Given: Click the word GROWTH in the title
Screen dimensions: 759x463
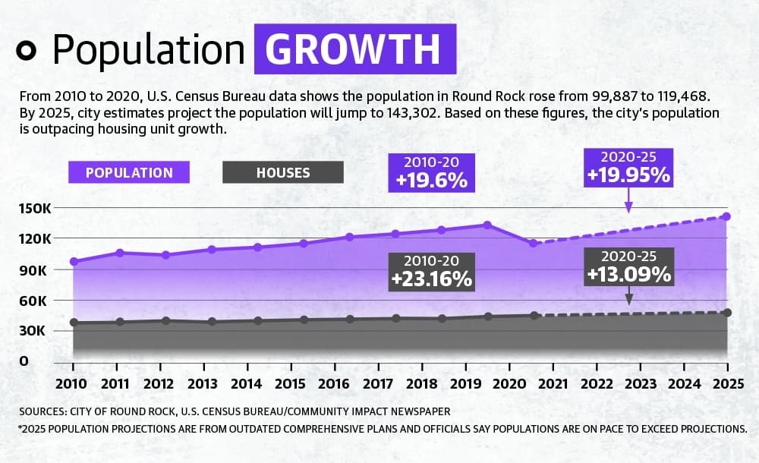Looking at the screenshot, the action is [x=352, y=49].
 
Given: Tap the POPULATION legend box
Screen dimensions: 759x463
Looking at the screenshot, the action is [x=129, y=172].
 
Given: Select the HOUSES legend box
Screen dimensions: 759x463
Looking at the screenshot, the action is [x=282, y=172].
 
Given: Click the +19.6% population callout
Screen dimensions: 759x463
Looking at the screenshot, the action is [x=431, y=173].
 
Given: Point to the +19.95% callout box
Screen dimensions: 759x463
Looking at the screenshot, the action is [x=628, y=168].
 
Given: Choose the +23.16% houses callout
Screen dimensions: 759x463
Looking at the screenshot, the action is [x=431, y=272].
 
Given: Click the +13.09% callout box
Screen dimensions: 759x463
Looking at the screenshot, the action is [x=628, y=267].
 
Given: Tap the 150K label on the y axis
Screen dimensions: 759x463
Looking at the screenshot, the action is [x=35, y=209].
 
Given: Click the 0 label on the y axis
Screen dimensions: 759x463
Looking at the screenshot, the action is [x=24, y=361].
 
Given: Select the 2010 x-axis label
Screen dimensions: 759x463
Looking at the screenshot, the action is [x=71, y=384].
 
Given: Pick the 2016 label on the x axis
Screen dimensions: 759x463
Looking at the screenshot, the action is [x=333, y=384].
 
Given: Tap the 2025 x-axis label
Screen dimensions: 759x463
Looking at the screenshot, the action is [x=728, y=384].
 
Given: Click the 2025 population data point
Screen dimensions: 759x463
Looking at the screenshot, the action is [x=726, y=216].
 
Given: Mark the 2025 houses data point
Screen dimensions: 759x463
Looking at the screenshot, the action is [x=727, y=313].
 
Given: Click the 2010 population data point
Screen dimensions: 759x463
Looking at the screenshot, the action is [x=74, y=262].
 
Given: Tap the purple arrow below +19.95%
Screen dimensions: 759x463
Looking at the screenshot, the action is [x=628, y=200].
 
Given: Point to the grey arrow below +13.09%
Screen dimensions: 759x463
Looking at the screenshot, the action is [x=628, y=295].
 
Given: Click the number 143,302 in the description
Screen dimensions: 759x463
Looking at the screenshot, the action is [x=413, y=113].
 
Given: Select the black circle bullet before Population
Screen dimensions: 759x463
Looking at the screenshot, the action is [x=26, y=50].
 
